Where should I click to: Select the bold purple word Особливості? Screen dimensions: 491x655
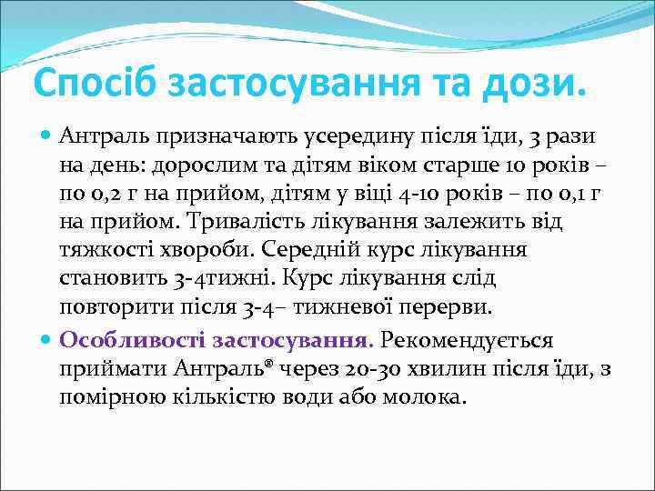tap(130, 341)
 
